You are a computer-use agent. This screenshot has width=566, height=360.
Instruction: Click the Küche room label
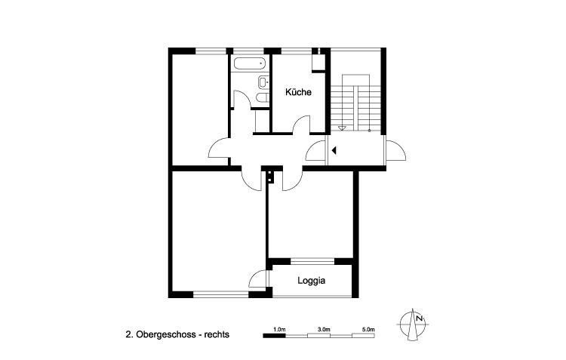[299, 92]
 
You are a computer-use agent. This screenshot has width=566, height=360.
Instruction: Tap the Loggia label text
[311, 280]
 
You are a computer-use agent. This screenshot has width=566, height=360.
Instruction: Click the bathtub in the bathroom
[248, 63]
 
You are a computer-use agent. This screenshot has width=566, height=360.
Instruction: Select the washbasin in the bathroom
[262, 82]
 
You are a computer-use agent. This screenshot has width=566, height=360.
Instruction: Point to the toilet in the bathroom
[260, 97]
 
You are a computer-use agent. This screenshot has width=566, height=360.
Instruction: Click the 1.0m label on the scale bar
[279, 330]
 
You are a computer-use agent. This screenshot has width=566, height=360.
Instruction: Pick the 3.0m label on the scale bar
[325, 330]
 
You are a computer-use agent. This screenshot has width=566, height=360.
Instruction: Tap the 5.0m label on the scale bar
[369, 330]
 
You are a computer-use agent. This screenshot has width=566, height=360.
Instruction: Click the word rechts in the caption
[216, 333]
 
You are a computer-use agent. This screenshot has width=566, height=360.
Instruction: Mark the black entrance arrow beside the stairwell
[333, 150]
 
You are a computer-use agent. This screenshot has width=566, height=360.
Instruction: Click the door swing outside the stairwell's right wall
[395, 152]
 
